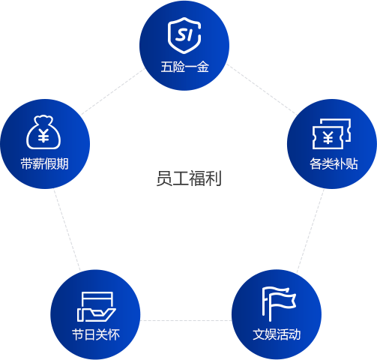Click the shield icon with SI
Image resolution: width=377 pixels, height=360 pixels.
(x=184, y=35)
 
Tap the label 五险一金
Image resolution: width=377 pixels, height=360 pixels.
(x=184, y=67)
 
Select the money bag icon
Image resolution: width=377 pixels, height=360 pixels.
(x=43, y=132)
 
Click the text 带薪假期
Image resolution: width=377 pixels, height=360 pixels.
(x=45, y=164)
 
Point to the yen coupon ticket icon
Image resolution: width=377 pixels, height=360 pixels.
(x=331, y=133)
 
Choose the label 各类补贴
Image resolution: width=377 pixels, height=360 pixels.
(x=334, y=164)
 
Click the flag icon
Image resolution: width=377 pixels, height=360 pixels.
(x=279, y=304)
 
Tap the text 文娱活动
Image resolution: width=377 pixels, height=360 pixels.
(x=277, y=334)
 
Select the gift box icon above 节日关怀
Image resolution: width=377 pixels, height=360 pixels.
(x=97, y=307)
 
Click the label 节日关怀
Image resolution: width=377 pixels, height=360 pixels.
(x=96, y=334)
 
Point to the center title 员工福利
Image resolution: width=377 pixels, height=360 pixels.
(x=189, y=178)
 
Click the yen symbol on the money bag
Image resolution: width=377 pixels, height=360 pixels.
(x=43, y=136)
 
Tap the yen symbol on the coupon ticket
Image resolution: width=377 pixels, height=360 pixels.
(x=328, y=138)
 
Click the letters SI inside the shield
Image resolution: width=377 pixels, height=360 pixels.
(x=184, y=34)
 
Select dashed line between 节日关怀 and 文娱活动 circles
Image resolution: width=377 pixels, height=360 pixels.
(x=186, y=320)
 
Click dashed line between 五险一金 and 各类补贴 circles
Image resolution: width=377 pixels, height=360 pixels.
(x=262, y=89)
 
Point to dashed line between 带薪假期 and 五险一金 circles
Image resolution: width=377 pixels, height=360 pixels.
(x=113, y=91)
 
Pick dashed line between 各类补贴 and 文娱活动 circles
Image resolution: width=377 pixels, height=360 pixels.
(x=310, y=230)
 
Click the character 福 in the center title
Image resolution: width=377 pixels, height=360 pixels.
(x=197, y=178)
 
